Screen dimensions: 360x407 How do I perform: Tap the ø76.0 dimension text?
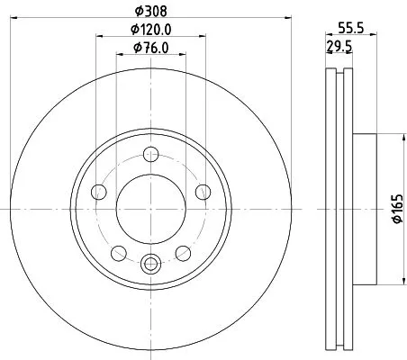pos(150,47)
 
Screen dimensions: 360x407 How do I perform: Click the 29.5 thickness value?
pos(339,47)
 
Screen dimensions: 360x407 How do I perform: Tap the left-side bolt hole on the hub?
pos(99,192)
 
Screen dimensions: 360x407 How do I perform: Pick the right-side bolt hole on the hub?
pos(202,192)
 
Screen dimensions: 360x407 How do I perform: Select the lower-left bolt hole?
pos(118,251)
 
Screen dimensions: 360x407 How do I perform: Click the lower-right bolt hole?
pos(183,251)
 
